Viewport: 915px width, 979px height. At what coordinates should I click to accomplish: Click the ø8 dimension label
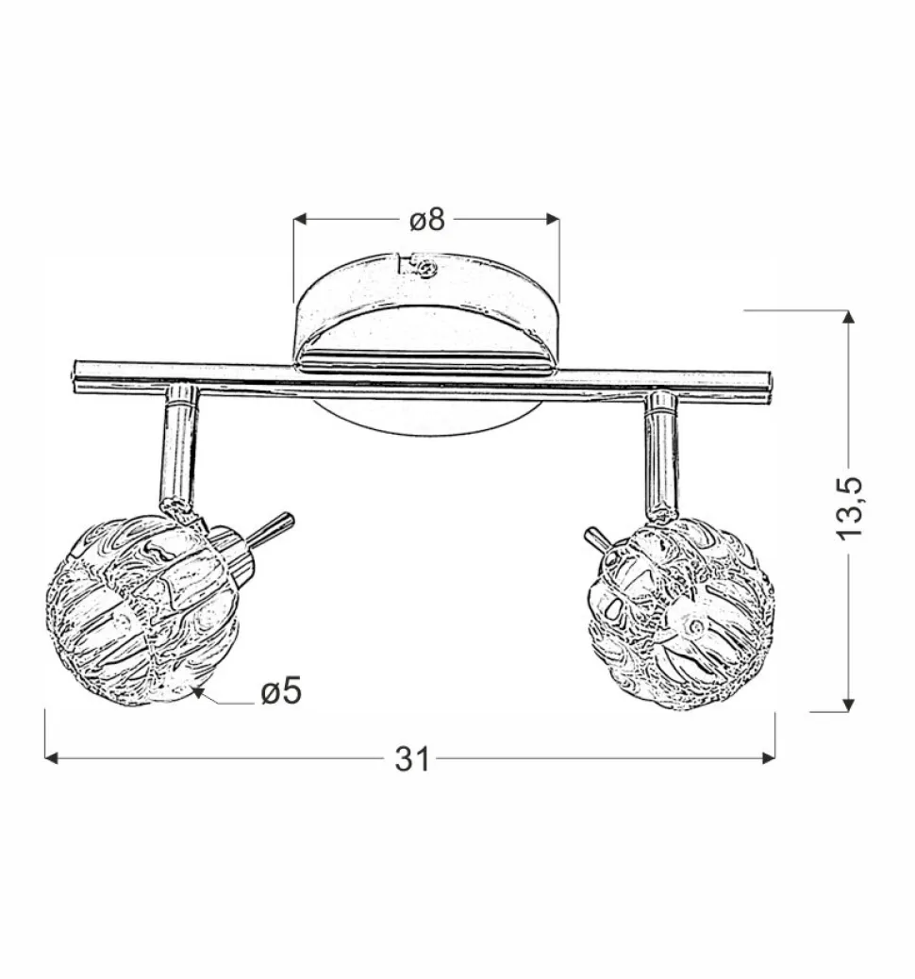pos(426,221)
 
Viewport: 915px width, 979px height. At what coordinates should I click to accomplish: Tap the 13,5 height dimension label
pos(849,508)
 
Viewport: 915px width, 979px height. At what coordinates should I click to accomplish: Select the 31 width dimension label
pos(412,758)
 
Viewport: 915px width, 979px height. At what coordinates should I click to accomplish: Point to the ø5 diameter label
pos(280,693)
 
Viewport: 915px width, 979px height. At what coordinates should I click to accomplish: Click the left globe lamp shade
pos(141,611)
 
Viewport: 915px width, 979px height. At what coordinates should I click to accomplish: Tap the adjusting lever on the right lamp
pos(594,540)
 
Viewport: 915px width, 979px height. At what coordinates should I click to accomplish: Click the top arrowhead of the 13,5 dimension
pos(848,318)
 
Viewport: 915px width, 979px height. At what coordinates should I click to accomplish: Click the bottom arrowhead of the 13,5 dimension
pos(848,704)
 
